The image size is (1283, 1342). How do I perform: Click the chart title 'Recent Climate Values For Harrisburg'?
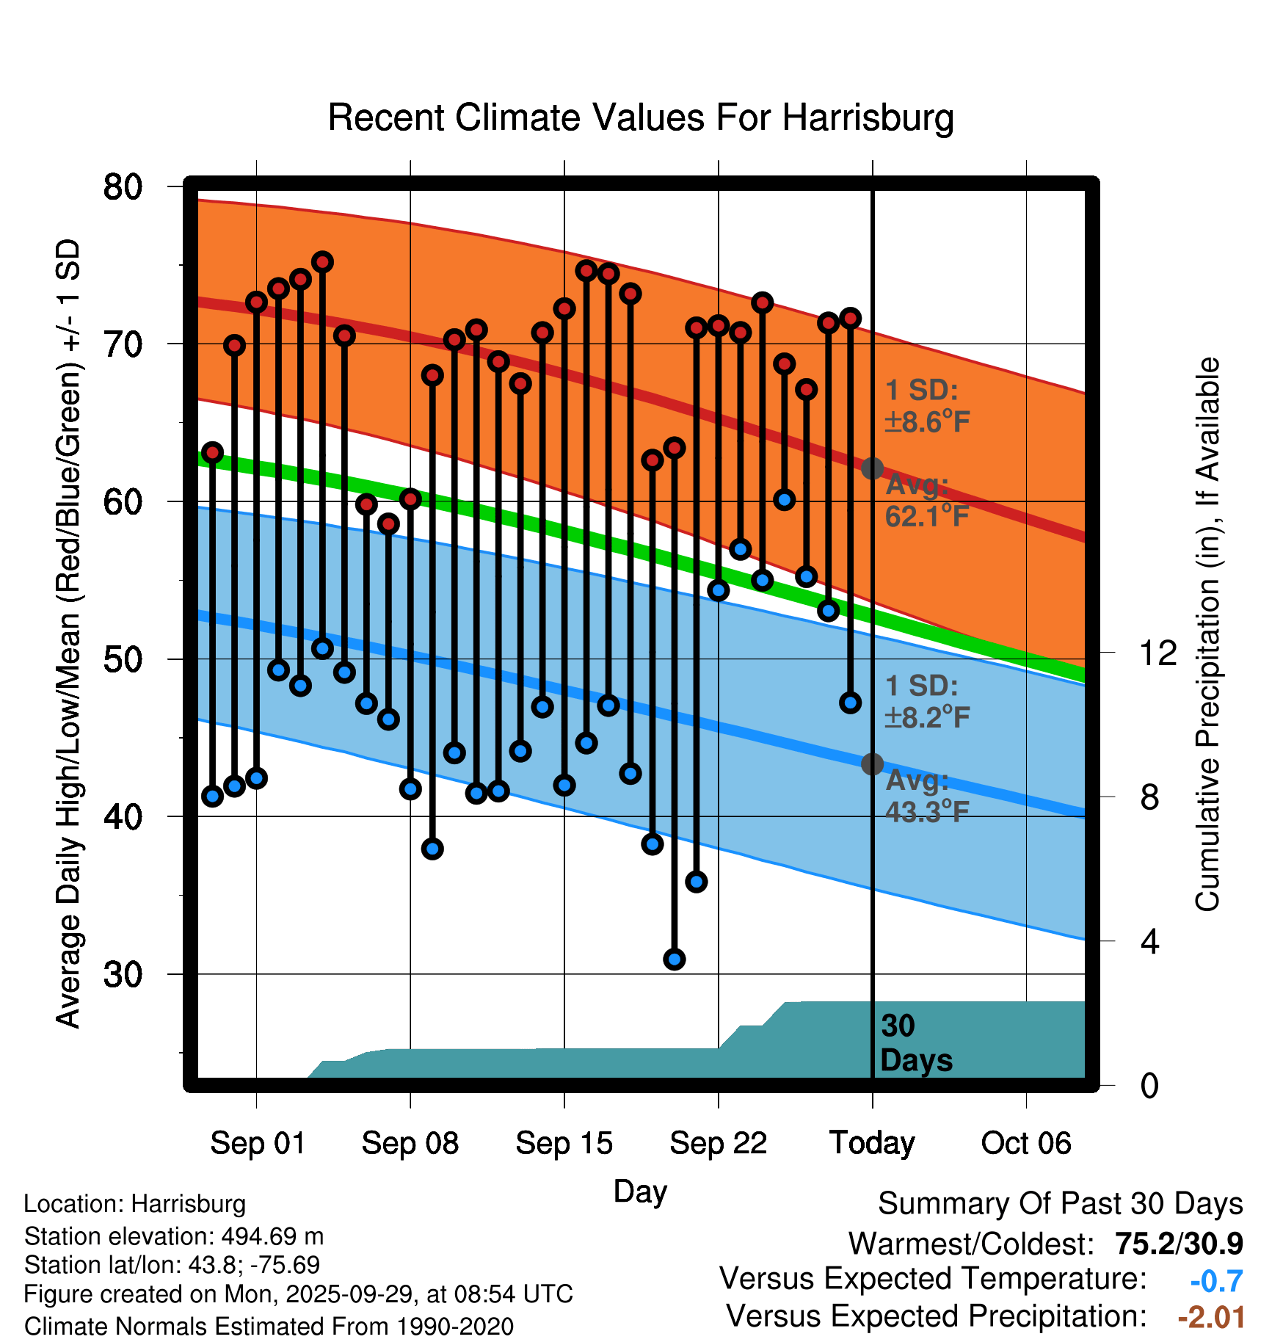640,117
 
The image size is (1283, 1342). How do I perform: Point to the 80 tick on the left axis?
123,187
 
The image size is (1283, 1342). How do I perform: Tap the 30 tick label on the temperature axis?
123,974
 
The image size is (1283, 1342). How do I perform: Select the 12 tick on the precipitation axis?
1157,653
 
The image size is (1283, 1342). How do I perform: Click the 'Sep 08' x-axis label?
410,1143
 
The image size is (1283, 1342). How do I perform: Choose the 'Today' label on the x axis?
872,1143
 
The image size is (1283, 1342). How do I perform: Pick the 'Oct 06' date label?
1025,1143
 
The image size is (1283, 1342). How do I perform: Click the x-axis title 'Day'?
640,1191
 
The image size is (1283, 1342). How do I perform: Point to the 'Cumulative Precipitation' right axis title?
1207,634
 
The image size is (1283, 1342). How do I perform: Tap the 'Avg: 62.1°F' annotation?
926,501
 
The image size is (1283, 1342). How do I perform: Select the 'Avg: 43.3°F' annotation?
926,796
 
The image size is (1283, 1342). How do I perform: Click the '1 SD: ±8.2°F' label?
926,701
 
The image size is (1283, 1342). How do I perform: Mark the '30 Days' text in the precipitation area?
915,1043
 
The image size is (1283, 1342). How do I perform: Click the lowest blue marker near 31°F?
675,959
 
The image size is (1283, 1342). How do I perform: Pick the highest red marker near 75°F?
322,262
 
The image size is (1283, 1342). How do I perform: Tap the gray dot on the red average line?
872,468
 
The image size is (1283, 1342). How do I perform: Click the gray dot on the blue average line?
872,764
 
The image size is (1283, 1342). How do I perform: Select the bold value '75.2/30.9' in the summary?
1178,1244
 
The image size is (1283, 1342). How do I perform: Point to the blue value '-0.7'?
1216,1280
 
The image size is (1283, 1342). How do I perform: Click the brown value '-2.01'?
1211,1317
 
